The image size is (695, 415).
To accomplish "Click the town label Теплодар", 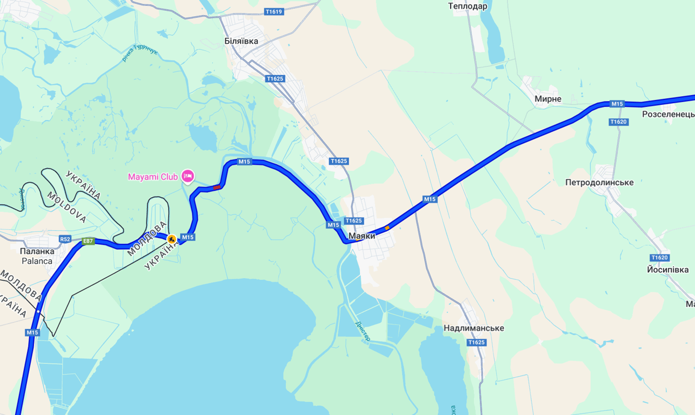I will pyautogui.click(x=467, y=6).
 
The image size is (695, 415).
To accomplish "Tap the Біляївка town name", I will pyautogui.click(x=241, y=41).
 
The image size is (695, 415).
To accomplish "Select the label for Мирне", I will pyautogui.click(x=547, y=99).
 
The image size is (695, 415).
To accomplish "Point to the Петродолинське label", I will pyautogui.click(x=599, y=183).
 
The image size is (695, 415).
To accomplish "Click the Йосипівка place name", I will pyautogui.click(x=667, y=270).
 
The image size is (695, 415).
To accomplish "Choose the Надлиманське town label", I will pyautogui.click(x=473, y=328).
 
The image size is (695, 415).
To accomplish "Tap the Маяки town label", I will pyautogui.click(x=362, y=236).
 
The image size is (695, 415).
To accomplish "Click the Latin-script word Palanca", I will pyautogui.click(x=37, y=261).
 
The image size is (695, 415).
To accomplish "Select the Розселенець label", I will pyautogui.click(x=668, y=115).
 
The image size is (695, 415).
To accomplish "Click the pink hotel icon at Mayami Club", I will pyautogui.click(x=188, y=176).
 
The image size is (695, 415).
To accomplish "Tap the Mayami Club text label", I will pyautogui.click(x=153, y=177).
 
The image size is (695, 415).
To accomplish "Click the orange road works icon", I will pyautogui.click(x=171, y=239).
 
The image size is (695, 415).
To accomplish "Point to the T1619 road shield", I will pyautogui.click(x=274, y=11).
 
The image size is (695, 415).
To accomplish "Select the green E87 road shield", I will pyautogui.click(x=89, y=242).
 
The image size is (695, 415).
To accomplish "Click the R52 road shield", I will pyautogui.click(x=65, y=239).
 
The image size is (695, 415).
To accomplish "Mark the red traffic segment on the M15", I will pyautogui.click(x=217, y=188).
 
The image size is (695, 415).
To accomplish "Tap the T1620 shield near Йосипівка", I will pyautogui.click(x=659, y=258).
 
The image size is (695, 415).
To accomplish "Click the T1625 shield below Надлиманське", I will pyautogui.click(x=476, y=343).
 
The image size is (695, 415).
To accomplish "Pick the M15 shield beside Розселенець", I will pyautogui.click(x=617, y=104).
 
